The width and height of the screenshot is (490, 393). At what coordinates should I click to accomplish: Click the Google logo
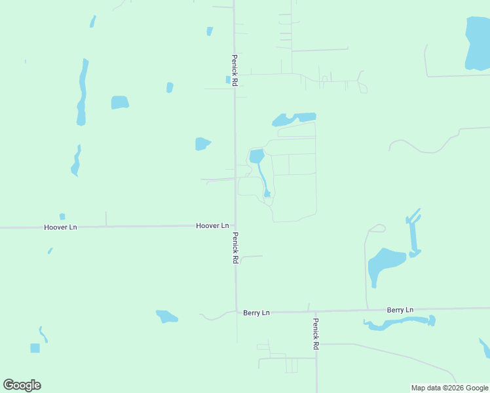tap(22, 385)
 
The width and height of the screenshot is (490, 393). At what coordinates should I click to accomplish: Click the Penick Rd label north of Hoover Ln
tap(234, 69)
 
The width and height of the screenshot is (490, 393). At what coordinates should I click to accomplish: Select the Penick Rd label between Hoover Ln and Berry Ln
tap(235, 248)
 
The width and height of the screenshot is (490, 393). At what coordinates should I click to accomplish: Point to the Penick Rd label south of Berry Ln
tap(316, 333)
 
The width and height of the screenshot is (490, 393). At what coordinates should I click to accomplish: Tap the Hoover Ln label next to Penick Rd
tap(212, 225)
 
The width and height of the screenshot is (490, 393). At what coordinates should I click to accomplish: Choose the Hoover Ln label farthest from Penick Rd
tap(60, 227)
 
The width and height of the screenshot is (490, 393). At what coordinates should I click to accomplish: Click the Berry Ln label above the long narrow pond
tap(400, 310)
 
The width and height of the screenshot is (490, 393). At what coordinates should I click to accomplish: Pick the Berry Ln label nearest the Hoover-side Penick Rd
tap(256, 313)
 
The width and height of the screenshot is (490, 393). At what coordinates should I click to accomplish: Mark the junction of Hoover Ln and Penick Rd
tap(235, 225)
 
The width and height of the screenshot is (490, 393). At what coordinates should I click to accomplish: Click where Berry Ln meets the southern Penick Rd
tap(316, 311)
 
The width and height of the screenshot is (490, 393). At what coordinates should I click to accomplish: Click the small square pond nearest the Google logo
tap(35, 348)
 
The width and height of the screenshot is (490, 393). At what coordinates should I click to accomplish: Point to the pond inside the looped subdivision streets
tap(257, 157)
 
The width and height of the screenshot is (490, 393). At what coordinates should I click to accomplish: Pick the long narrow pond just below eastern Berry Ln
tap(400, 322)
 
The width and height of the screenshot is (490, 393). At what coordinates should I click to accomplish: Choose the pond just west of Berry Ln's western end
tap(166, 316)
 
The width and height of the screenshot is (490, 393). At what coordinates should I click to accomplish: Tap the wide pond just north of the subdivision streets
tap(292, 119)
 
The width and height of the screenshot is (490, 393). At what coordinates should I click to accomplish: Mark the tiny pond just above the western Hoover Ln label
tap(62, 217)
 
